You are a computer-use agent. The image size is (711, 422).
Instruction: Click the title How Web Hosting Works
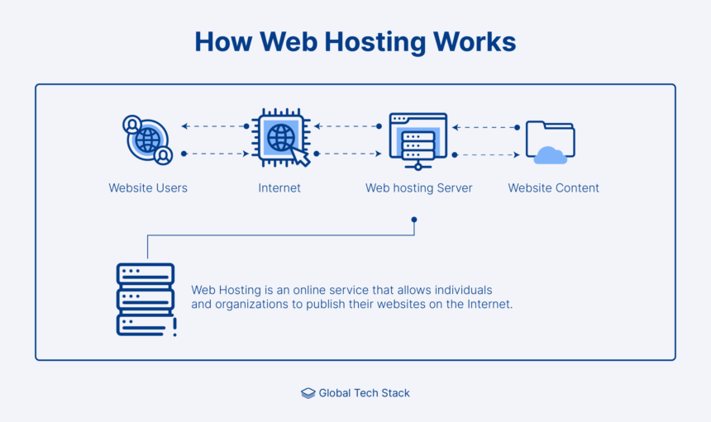point(355,42)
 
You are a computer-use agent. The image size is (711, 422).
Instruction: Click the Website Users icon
point(148,140)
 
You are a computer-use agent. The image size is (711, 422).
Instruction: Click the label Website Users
point(148,188)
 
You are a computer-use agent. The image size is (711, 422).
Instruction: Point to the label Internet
point(279,188)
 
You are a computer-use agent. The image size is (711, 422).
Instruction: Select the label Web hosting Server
point(419,188)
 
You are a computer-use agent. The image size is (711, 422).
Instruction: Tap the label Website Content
point(553,188)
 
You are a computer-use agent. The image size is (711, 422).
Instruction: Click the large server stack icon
point(146,299)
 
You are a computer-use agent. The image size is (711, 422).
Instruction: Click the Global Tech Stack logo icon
point(308,393)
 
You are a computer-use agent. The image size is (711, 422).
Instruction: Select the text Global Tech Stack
point(365,393)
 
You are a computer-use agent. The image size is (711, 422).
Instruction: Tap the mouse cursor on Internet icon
point(299,156)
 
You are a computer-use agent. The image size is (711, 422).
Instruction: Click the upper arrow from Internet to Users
point(214,126)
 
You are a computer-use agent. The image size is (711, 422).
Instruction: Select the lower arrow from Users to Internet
point(214,154)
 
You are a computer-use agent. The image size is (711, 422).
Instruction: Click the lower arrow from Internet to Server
point(347,154)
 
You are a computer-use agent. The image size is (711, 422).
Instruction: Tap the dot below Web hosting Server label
point(414,220)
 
